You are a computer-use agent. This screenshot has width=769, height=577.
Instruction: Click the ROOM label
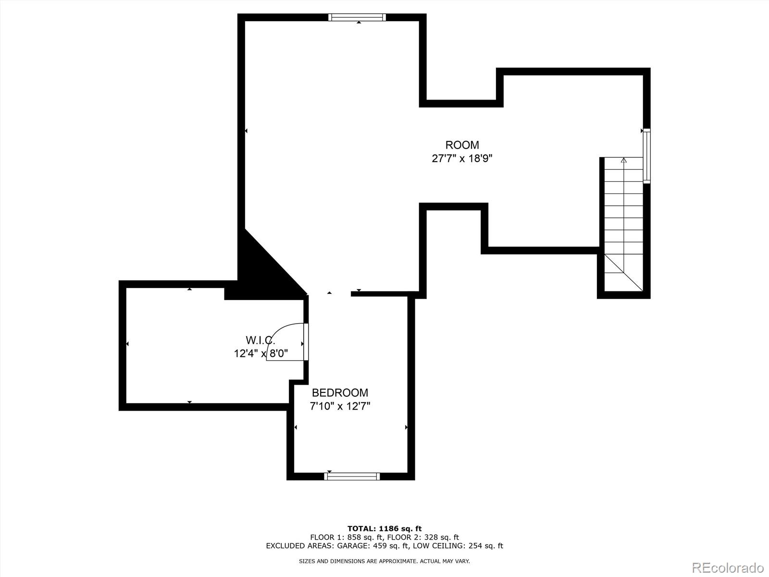point(462,145)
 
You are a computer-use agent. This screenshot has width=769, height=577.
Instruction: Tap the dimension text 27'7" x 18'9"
point(462,158)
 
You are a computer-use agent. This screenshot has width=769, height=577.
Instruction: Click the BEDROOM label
point(340,393)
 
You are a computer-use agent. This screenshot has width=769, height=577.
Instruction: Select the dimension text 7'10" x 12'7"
point(340,406)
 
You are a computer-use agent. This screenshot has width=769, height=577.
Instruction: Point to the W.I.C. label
point(260,340)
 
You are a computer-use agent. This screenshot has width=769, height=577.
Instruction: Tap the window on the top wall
point(357,17)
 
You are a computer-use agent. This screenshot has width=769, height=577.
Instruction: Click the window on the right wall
point(646,156)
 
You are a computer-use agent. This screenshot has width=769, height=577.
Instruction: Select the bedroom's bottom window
point(352,476)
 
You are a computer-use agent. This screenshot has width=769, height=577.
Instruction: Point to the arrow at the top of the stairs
point(624,161)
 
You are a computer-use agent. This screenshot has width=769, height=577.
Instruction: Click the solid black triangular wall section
point(262,269)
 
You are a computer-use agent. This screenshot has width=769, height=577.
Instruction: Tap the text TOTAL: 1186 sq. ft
point(384,529)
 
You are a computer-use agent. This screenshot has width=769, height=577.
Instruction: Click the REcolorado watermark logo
point(728,568)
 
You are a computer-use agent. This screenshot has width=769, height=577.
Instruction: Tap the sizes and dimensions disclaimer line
point(384,561)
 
